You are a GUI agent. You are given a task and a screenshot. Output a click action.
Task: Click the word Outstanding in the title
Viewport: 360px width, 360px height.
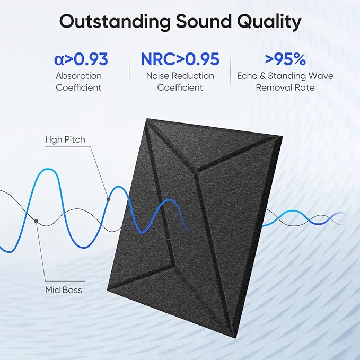pos(111,22)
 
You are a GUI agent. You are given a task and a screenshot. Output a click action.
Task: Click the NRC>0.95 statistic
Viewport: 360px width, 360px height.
pos(180,59)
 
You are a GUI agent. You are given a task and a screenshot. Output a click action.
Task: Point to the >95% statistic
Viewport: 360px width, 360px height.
pos(285,59)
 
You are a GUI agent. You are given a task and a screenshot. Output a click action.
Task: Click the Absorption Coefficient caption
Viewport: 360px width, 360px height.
pos(78,82)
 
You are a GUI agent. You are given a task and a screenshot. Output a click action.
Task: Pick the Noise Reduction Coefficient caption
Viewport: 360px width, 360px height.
pos(180,82)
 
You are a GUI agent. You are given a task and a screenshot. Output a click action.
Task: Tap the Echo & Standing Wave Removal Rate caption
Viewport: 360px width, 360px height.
pos(285,82)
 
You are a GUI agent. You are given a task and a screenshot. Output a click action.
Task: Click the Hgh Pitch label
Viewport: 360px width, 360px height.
pos(65,140)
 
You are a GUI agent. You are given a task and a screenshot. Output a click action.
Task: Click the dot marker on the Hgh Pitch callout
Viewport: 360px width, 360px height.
pos(109,199)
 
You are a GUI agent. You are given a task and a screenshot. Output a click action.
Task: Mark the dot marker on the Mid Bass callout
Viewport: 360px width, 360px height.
pos(36,220)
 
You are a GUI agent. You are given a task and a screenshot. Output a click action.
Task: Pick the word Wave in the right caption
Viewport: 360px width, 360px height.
pos(321,76)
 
